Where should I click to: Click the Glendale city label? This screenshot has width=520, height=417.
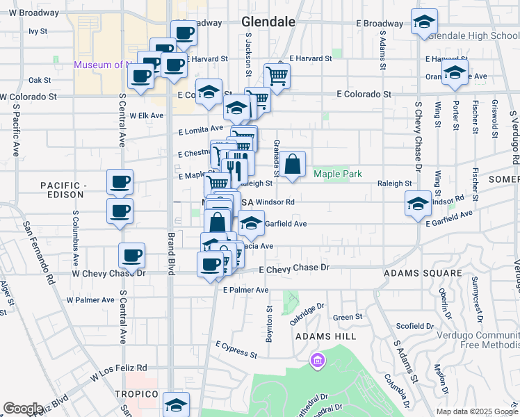268,22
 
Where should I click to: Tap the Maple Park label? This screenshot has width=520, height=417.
338,174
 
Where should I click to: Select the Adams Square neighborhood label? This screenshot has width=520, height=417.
423,273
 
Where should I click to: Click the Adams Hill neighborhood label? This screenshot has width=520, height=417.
325,336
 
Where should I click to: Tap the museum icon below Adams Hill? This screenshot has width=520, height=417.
317,361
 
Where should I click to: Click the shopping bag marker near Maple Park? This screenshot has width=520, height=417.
293,165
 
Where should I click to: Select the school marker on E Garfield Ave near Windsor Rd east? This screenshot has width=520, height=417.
418,204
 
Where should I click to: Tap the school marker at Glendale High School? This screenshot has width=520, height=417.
423,22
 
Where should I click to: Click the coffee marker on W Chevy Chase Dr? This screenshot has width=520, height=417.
131,256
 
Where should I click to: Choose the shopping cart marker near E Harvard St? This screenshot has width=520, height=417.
277,76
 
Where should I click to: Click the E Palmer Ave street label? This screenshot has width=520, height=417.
241,290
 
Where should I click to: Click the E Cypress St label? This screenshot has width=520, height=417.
236,349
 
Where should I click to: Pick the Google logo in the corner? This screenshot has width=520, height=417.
23,409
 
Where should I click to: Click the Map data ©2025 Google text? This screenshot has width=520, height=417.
476,411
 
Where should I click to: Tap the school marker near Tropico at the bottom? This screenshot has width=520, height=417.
176,404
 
